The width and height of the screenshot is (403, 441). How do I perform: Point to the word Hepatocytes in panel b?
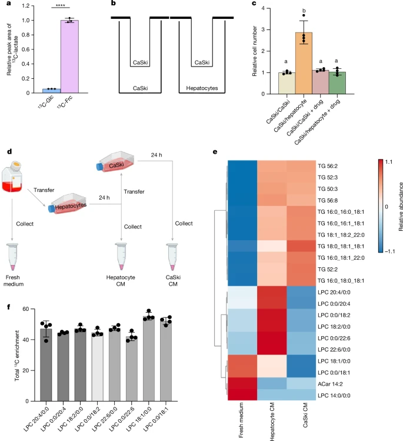click(201, 88)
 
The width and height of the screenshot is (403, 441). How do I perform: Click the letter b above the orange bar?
click(288, 11)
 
